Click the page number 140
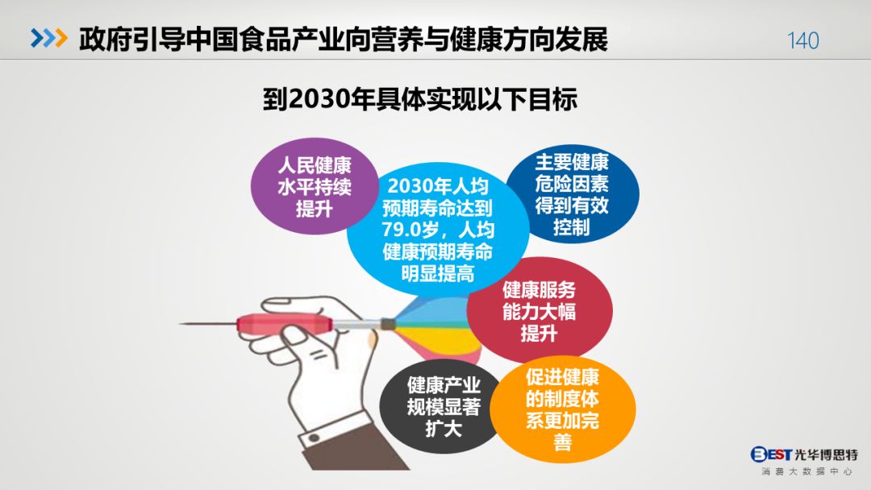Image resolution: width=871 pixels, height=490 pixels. pyautogui.click(x=802, y=40)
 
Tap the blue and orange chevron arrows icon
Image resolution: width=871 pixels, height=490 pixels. pyautogui.click(x=49, y=38)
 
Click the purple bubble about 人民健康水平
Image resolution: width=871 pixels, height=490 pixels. pyautogui.click(x=315, y=186)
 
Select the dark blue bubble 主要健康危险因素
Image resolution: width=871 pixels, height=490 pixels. pyautogui.click(x=572, y=194)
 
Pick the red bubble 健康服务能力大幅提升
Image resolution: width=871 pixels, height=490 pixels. pyautogui.click(x=540, y=311)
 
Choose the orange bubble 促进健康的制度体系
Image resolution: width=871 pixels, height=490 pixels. pyautogui.click(x=563, y=409)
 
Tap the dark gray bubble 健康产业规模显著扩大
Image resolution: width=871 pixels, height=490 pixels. pyautogui.click(x=443, y=406)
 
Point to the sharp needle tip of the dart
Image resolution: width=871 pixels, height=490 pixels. pyautogui.click(x=180, y=323)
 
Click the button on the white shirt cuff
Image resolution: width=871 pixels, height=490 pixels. pyautogui.click(x=315, y=439)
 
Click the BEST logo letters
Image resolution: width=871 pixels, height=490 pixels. pyautogui.click(x=771, y=455)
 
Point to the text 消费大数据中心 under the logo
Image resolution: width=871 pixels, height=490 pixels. pyautogui.click(x=806, y=471)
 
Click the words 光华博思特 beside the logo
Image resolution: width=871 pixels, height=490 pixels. pyautogui.click(x=826, y=455)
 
